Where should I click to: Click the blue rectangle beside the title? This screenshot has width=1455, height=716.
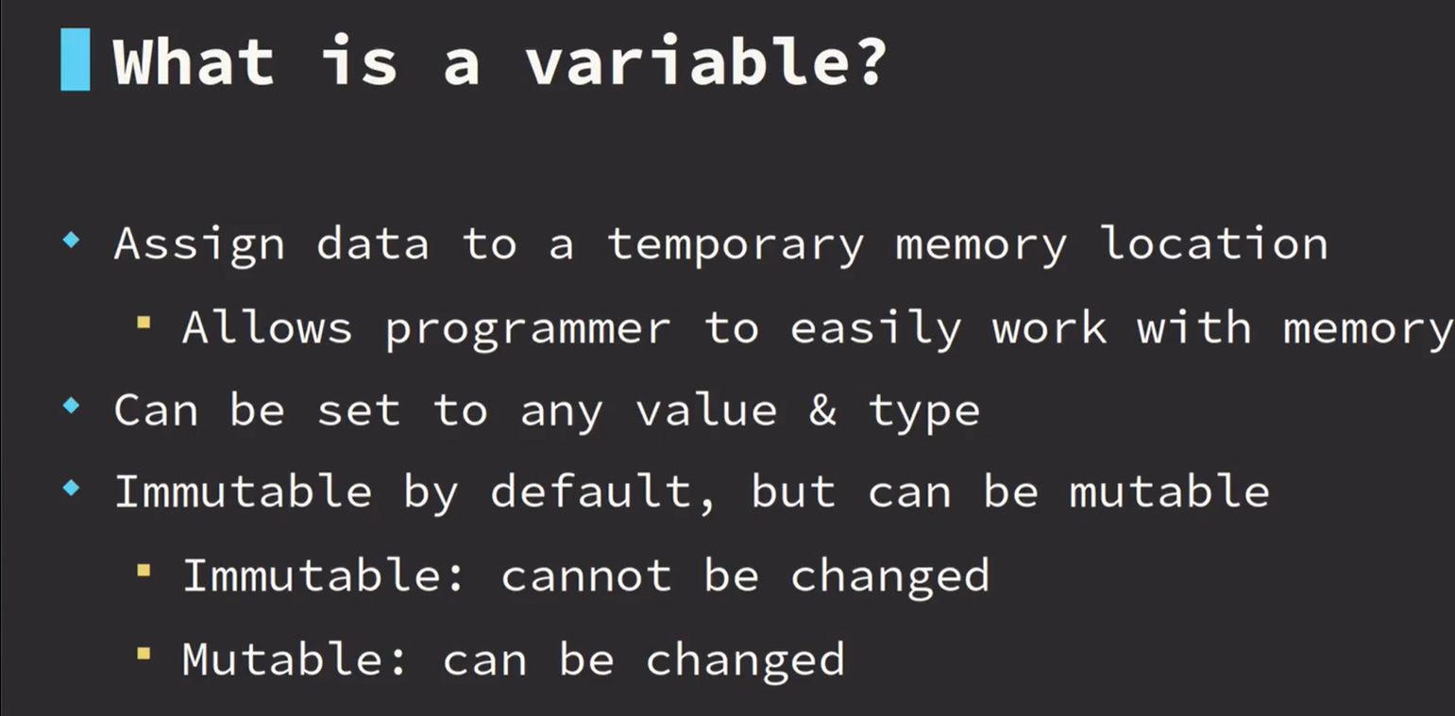tap(76, 59)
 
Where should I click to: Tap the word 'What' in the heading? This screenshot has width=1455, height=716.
tap(194, 61)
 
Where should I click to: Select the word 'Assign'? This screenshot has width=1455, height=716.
tap(199, 245)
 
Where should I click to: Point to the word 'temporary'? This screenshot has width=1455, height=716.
tap(736, 245)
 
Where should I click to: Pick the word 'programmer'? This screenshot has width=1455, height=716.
tap(527, 330)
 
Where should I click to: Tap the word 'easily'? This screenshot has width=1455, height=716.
tap(875, 328)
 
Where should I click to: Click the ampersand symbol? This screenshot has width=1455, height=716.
tap(822, 410)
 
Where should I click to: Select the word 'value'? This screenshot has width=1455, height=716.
tap(706, 409)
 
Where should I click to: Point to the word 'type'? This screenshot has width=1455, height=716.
tap(924, 412)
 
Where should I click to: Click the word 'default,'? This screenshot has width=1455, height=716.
tap(602, 492)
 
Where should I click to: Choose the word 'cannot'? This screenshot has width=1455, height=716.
tap(586, 575)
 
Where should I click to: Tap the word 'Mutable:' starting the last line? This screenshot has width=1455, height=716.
tap(295, 658)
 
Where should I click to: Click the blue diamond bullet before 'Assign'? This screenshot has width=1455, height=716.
tap(72, 241)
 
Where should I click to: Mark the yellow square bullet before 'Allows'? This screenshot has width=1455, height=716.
tap(144, 323)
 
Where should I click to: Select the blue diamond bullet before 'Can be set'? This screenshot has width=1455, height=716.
tap(72, 407)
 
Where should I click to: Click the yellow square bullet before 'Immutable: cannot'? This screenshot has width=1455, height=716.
tap(144, 572)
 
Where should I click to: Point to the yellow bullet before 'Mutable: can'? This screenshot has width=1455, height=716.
tap(144, 654)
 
